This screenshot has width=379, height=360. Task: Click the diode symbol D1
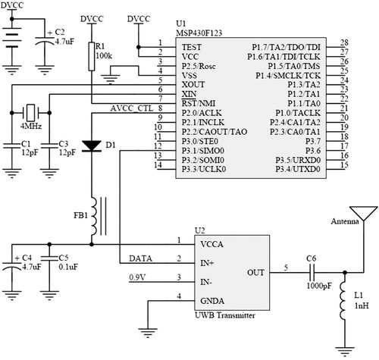pyautogui.click(x=92, y=146)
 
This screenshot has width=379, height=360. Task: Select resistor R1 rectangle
pyautogui.click(x=92, y=57)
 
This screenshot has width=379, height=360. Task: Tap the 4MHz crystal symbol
pyautogui.click(x=30, y=113)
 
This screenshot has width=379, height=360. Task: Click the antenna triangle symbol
pyautogui.click(x=364, y=213)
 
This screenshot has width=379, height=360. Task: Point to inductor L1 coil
pyautogui.click(x=343, y=300)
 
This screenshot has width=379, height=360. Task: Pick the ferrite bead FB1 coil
pyautogui.click(x=93, y=217)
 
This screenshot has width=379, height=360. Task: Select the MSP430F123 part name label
pyautogui.click(x=199, y=33)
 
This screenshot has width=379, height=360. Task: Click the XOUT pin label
pyautogui.click(x=193, y=84)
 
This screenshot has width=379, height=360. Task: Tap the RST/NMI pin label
pyautogui.click(x=199, y=103)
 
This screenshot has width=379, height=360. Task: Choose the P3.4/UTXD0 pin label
pyautogui.click(x=298, y=169)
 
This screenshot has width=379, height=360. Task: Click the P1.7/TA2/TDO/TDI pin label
pyautogui.click(x=286, y=47)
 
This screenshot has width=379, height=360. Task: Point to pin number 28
pyautogui.click(x=344, y=42)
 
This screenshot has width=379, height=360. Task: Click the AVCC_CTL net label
pyautogui.click(x=132, y=108)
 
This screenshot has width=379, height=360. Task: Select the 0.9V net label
pyautogui.click(x=137, y=277)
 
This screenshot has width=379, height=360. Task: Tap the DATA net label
pyautogui.click(x=140, y=258)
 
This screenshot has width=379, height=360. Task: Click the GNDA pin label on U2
pyautogui.click(x=212, y=301)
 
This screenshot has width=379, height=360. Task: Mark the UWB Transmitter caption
pyautogui.click(x=225, y=315)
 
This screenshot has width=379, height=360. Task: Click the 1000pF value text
pyautogui.click(x=319, y=286)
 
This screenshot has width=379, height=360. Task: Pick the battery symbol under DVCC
pyautogui.click(x=11, y=40)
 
